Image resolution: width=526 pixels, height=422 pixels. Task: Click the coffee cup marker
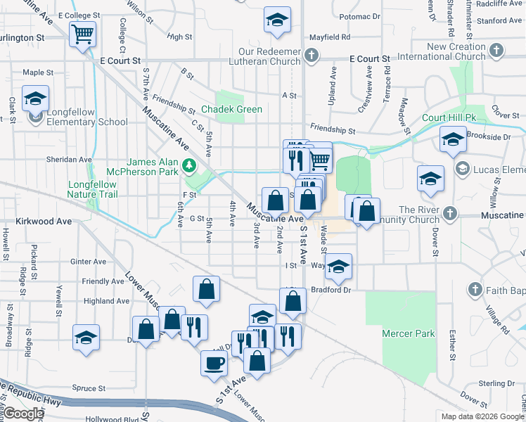(x=214, y=363)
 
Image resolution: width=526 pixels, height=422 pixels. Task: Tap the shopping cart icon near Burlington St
(x=82, y=33)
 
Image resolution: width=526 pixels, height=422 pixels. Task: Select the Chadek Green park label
(x=231, y=110)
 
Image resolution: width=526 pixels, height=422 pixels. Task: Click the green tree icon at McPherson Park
(x=188, y=167)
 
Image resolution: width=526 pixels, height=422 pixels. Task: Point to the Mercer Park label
(x=409, y=333)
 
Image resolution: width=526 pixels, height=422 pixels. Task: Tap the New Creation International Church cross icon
(x=496, y=50)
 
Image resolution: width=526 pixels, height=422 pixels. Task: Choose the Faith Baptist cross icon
(x=475, y=289)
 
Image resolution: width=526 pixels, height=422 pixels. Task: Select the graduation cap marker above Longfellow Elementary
(x=34, y=99)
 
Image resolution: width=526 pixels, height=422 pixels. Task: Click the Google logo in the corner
(x=23, y=414)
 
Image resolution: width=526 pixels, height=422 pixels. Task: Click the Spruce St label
(x=89, y=388)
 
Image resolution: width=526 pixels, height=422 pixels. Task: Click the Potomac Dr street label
(x=359, y=15)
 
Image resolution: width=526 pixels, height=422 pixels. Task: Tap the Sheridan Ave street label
(x=69, y=160)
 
